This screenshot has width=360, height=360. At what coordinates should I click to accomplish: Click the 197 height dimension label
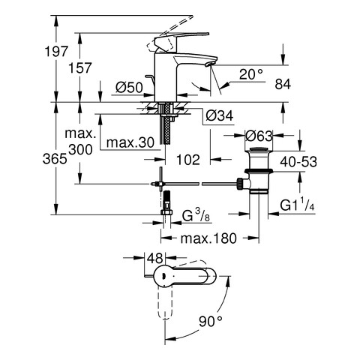pos(56,52)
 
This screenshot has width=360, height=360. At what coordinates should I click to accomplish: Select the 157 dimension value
pos(80,68)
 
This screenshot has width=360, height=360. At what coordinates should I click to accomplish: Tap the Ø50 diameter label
pos(129,88)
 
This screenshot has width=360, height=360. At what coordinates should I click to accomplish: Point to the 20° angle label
pos(251,74)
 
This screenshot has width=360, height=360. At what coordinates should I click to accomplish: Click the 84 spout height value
pos(283,84)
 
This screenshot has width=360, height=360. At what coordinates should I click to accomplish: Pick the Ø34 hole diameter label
pos(220,115)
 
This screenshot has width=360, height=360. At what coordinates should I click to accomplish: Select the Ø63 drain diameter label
pos(259,136)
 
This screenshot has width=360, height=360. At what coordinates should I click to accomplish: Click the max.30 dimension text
pos(130,142)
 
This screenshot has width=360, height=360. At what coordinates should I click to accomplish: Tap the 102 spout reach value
pos(188,160)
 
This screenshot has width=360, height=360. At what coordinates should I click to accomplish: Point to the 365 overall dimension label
pos(55,159)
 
